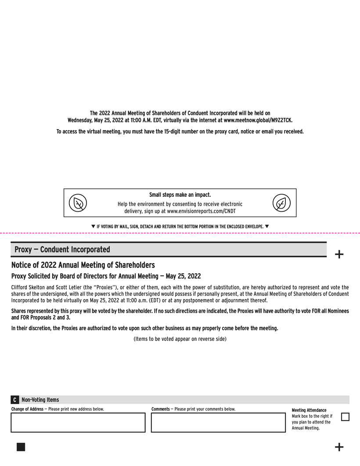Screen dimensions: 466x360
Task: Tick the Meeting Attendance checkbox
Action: coord(345,416)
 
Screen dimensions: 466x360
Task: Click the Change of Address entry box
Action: coord(78,423)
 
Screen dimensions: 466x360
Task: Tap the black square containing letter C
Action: coord(14,400)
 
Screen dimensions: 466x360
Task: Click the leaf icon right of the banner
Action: coord(281,203)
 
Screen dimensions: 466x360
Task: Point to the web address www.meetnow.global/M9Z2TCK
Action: coord(258,120)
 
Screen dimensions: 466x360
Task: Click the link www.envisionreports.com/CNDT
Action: coord(201,211)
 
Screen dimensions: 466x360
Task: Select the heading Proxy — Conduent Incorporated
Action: coord(62,249)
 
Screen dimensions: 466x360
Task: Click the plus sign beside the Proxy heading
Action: coord(339,254)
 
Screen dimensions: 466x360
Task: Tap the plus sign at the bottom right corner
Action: coord(339,447)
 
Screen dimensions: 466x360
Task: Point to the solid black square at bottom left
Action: coord(21,447)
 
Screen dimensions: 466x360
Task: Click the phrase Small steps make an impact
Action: coord(180,195)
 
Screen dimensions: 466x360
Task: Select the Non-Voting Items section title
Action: coord(40,400)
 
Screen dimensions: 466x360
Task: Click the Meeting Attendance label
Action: coord(309,410)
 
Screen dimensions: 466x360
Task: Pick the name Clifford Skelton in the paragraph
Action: coord(28,288)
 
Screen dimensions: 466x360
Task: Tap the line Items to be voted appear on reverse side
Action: coord(180,339)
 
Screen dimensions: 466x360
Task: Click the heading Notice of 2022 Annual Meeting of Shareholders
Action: coord(83,265)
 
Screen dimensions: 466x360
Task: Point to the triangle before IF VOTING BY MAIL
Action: coord(93,226)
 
